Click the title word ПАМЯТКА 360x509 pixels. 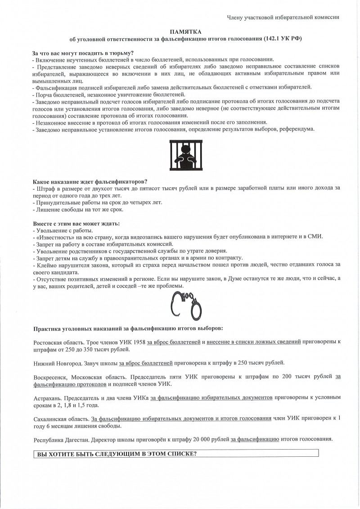[185, 32]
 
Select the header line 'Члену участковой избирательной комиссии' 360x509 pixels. [283, 17]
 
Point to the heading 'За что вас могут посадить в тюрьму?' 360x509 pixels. [83, 53]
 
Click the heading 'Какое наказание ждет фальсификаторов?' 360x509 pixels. [90, 181]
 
